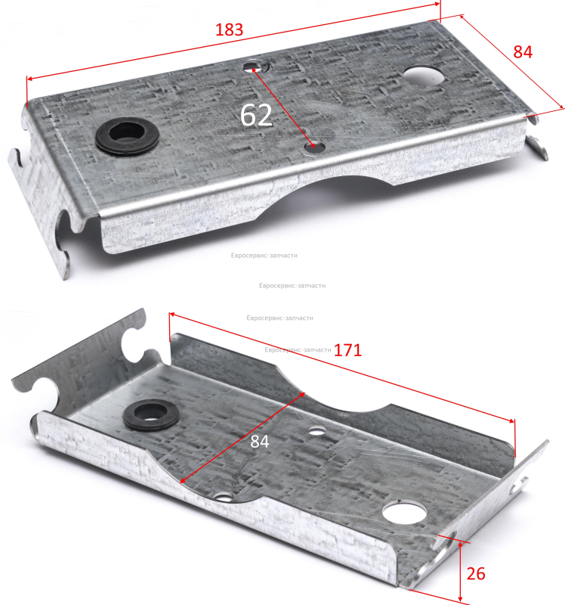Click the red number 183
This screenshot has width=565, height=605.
pyautogui.click(x=229, y=29)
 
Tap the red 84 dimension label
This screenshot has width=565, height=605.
pyautogui.click(x=523, y=51)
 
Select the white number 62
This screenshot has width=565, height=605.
pyautogui.click(x=256, y=115)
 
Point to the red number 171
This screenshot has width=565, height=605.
pyautogui.click(x=347, y=350)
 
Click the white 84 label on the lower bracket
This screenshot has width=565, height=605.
pyautogui.click(x=259, y=442)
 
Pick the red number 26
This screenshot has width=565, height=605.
pyautogui.click(x=476, y=574)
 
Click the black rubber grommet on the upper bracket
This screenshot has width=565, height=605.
pyautogui.click(x=127, y=135)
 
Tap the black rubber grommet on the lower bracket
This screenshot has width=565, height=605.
pyautogui.click(x=151, y=414)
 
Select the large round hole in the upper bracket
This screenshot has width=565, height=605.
pyautogui.click(x=424, y=76)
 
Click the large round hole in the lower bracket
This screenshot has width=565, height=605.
pyautogui.click(x=405, y=512)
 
